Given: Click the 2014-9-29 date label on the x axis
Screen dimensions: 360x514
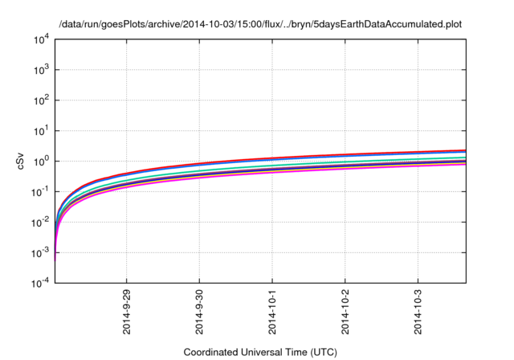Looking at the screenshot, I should coord(126,314).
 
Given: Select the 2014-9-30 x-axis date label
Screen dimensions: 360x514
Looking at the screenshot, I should coord(199,314).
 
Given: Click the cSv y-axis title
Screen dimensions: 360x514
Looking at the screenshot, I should coord(22,162).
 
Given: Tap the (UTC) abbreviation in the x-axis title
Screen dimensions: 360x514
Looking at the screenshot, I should coord(324,352).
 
